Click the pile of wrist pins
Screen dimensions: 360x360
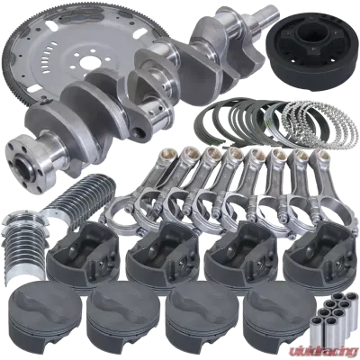tap(333, 318)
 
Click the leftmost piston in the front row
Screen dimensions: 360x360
tap(41, 318)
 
